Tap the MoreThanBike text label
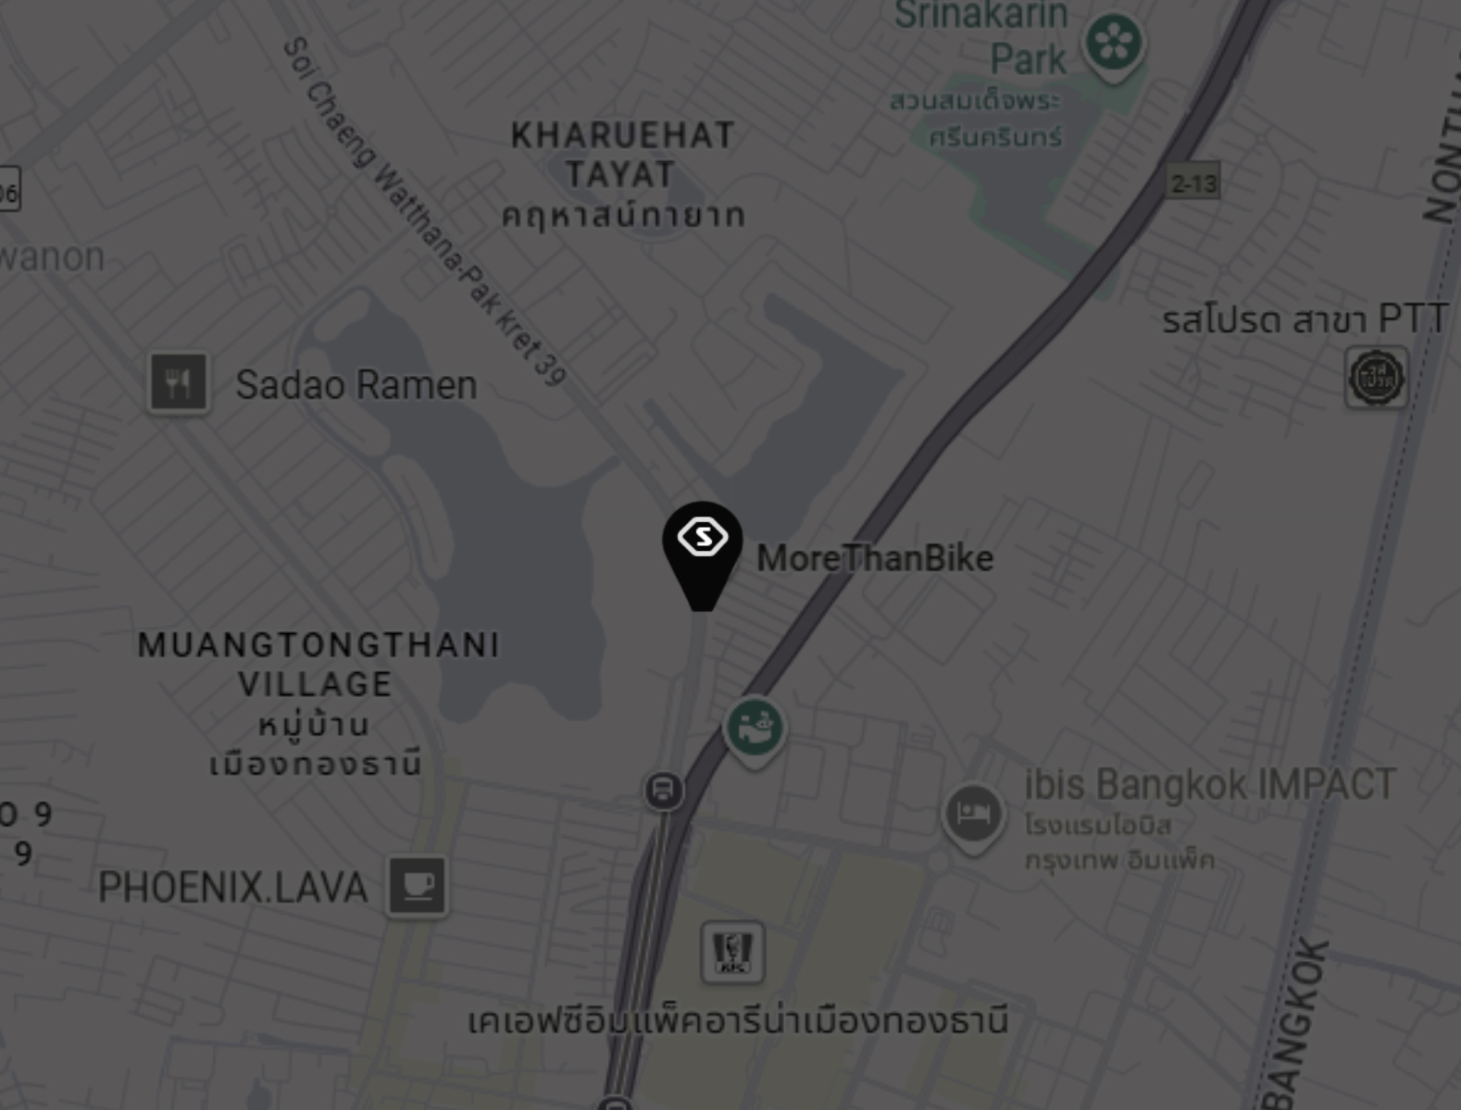click(x=875, y=558)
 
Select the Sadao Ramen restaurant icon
click(x=179, y=382)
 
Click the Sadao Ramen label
click(x=356, y=385)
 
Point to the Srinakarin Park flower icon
click(x=1113, y=44)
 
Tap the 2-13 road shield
click(x=1193, y=183)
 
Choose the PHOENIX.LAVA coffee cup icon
click(x=418, y=886)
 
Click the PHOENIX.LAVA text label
click(x=232, y=888)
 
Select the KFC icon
click(x=732, y=952)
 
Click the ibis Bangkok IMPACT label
click(x=1209, y=785)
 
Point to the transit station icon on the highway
click(x=663, y=791)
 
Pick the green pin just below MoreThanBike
click(x=755, y=729)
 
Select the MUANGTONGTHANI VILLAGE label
click(x=318, y=665)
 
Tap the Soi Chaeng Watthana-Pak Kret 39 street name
click(x=425, y=212)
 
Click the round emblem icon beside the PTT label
click(x=1376, y=378)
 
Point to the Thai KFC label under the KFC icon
click(x=737, y=1021)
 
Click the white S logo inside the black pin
click(x=703, y=537)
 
